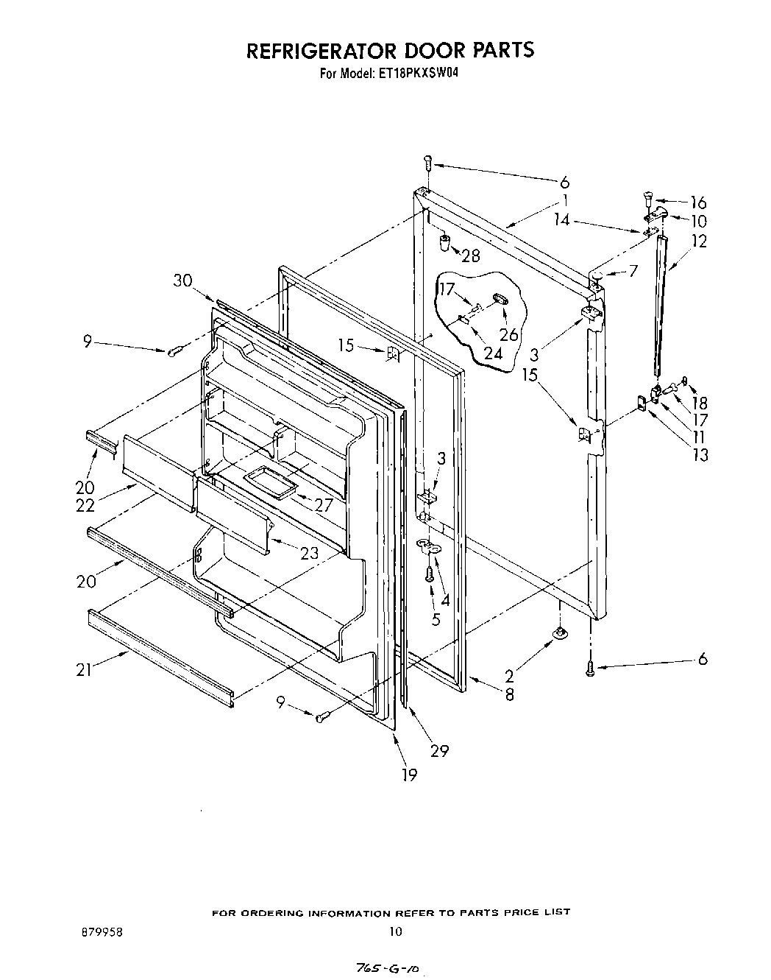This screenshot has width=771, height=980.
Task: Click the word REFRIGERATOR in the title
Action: click(319, 50)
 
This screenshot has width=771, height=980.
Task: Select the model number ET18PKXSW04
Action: click(417, 74)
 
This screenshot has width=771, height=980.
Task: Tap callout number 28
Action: click(471, 255)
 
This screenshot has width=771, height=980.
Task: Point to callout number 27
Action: click(324, 505)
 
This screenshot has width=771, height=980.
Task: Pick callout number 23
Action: click(309, 553)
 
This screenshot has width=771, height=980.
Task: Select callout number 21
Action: click(85, 670)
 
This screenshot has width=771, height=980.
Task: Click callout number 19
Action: click(409, 775)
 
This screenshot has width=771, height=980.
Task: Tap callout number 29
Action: click(440, 751)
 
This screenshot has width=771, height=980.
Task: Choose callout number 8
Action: click(509, 694)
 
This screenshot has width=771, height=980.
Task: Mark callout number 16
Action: click(697, 202)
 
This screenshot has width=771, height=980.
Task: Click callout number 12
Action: click(699, 241)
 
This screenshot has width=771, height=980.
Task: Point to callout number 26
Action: click(508, 334)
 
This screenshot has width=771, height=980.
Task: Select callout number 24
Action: click(493, 353)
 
